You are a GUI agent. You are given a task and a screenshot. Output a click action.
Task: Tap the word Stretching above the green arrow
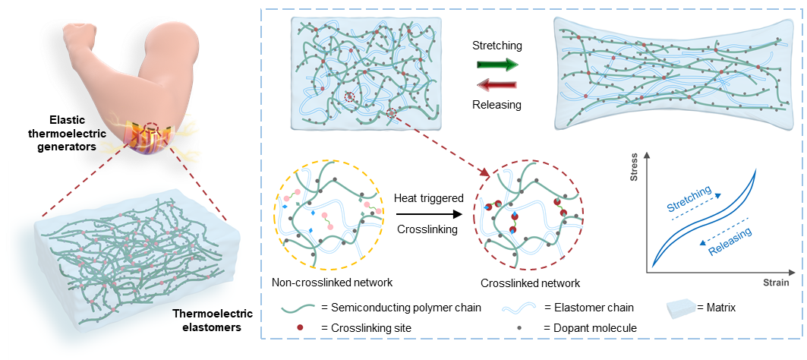[x=496, y=46]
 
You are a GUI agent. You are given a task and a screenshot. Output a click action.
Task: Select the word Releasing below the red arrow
[x=496, y=104]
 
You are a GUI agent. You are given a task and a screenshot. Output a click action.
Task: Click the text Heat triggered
[x=428, y=198]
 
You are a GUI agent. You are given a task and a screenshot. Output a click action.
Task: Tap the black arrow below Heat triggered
[x=429, y=213]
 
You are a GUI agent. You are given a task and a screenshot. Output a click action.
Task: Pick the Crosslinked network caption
[x=531, y=283]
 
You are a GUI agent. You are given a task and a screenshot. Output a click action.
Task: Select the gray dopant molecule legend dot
[x=519, y=327]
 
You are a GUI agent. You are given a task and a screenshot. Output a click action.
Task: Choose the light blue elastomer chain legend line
[x=519, y=308]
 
